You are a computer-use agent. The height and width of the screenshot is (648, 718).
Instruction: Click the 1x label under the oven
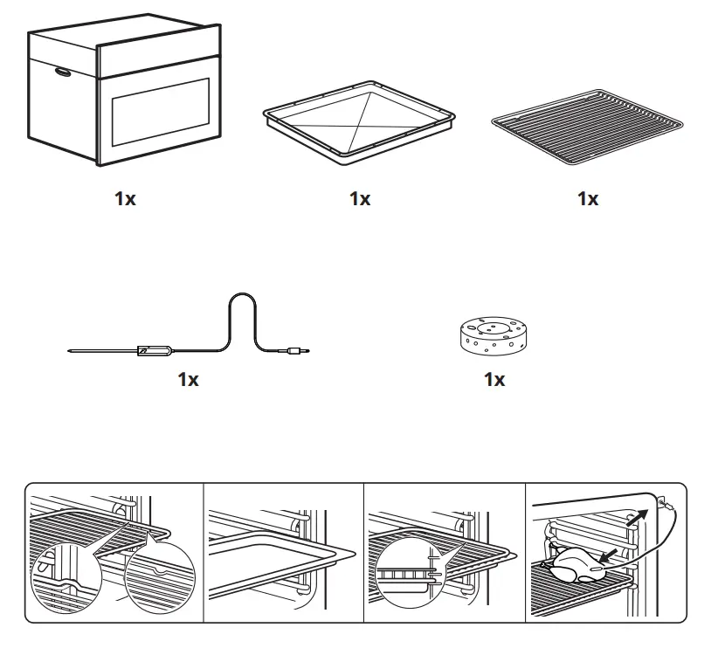click(x=125, y=198)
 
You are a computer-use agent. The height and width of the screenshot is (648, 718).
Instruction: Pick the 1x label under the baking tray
click(x=360, y=198)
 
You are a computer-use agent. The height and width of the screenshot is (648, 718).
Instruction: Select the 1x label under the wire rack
click(x=588, y=198)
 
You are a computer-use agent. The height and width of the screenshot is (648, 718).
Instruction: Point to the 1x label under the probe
click(x=189, y=379)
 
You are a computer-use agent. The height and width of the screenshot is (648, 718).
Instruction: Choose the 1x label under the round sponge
click(x=494, y=379)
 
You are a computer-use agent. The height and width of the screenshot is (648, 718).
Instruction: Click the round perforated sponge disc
click(x=494, y=336)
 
